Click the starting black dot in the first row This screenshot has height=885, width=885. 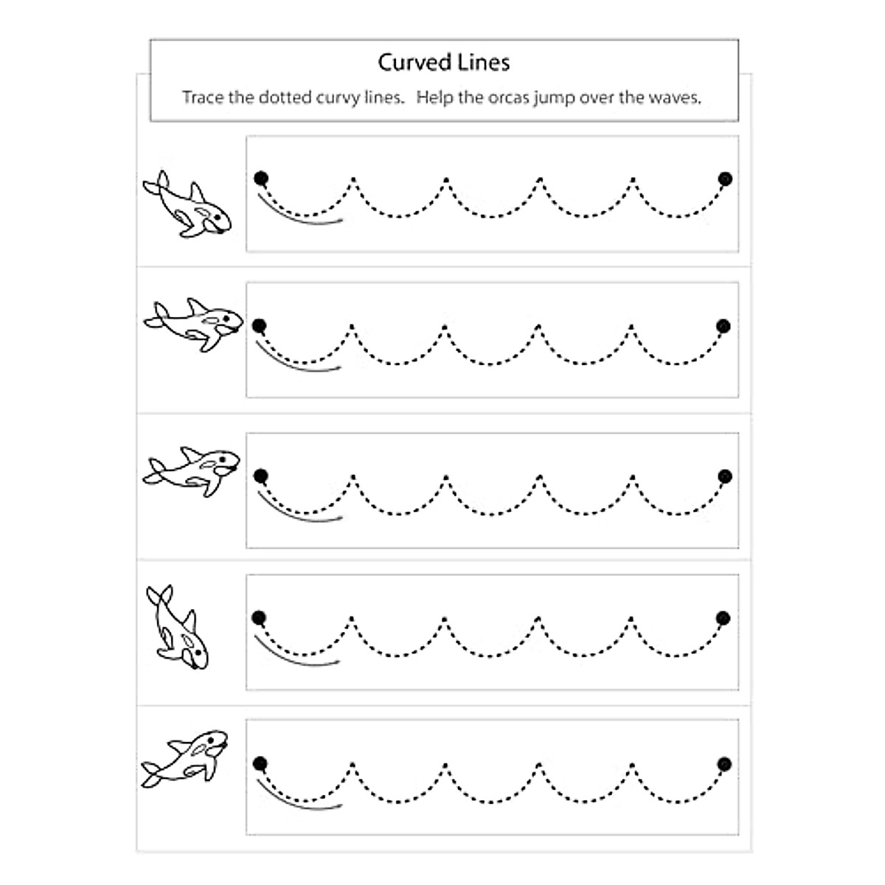260,178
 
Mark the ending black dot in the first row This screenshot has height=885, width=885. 725,178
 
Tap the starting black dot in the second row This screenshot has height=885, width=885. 259,325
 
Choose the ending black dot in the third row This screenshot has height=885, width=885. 725,476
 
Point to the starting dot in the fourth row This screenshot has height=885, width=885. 258,617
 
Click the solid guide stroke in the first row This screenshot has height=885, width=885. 299,214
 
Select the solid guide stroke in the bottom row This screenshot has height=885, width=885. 299,799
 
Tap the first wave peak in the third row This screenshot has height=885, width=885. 353,477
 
